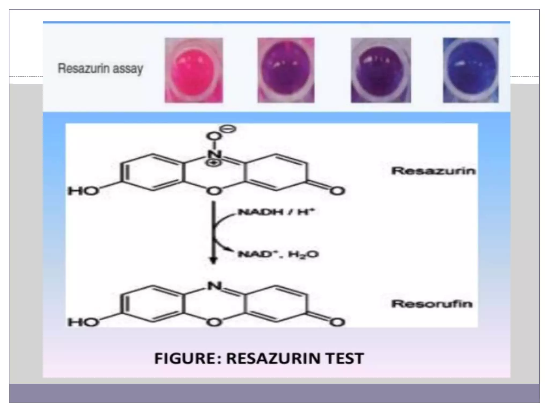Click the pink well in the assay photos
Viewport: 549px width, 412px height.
[x=194, y=70]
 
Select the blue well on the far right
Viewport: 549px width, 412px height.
[x=471, y=70]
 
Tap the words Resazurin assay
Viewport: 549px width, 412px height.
[x=101, y=69]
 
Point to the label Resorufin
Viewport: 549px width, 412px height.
[x=432, y=304]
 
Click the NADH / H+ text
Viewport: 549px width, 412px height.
[x=276, y=212]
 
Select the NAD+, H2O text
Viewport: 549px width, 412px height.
[x=278, y=254]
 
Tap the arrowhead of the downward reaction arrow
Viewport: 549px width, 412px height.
[x=213, y=260]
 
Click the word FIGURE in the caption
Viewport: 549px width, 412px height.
[x=185, y=358]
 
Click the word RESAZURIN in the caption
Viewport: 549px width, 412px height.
[x=273, y=358]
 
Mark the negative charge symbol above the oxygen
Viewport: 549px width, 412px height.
[x=229, y=129]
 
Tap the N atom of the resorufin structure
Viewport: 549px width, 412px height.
[x=214, y=286]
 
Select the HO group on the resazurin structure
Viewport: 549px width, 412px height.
[x=83, y=191]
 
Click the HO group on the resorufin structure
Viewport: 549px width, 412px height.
[x=83, y=322]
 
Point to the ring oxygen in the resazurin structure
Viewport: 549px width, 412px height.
[x=214, y=191]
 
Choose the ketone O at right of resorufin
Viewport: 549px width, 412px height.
[x=337, y=322]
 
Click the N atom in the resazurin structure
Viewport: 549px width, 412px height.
[x=214, y=154]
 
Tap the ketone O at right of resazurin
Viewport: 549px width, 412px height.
[x=337, y=191]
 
